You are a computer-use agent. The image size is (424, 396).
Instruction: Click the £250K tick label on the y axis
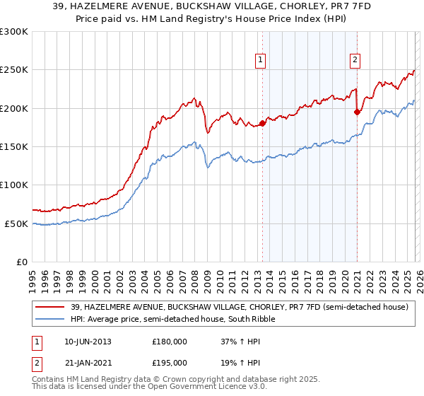(14, 70)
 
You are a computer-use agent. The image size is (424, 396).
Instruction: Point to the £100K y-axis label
(14, 185)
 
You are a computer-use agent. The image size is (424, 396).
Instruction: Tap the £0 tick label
(22, 262)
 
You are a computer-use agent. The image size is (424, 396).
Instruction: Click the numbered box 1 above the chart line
(261, 61)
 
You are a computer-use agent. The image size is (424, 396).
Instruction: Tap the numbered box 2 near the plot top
(355, 61)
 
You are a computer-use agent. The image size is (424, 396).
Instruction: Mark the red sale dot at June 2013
(262, 124)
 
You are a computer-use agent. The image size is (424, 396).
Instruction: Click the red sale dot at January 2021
(357, 112)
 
